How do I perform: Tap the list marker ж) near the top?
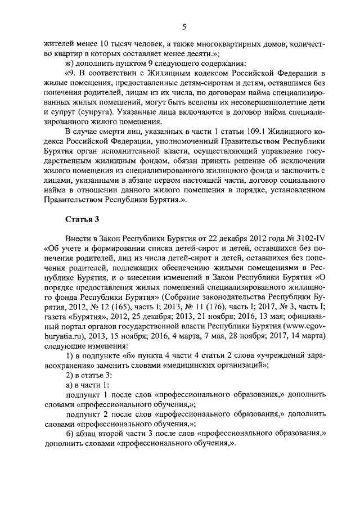coord(70,63)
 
